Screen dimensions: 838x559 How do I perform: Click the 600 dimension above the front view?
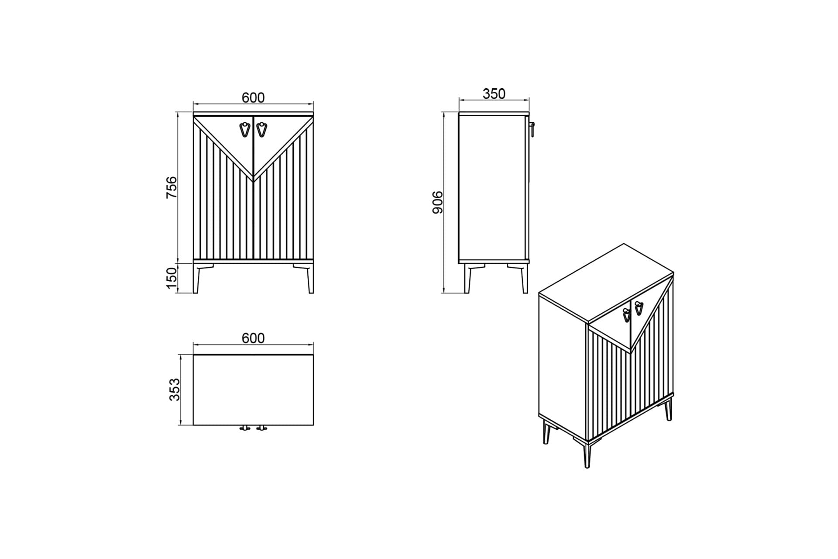253,97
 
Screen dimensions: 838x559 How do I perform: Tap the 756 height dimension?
172,187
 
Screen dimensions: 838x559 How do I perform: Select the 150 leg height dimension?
172,278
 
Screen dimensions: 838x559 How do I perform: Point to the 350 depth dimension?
494,93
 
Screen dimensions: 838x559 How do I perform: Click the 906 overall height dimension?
437,202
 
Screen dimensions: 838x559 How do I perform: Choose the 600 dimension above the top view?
253,338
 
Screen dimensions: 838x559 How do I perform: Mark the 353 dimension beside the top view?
174,389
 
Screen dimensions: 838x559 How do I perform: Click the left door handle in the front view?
245,130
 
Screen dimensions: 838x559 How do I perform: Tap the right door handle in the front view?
261,130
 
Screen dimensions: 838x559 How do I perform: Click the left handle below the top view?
245,428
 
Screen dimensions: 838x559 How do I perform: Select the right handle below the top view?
261,428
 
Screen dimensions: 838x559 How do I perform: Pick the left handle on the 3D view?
626,315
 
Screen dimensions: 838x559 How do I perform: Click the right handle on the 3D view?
639,308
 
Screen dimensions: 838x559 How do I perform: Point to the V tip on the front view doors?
254,179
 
